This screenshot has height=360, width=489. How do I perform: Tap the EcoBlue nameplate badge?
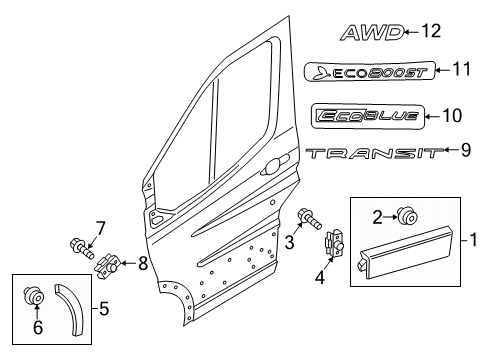(x=368, y=115)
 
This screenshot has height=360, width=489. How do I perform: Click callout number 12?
(x=431, y=32)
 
